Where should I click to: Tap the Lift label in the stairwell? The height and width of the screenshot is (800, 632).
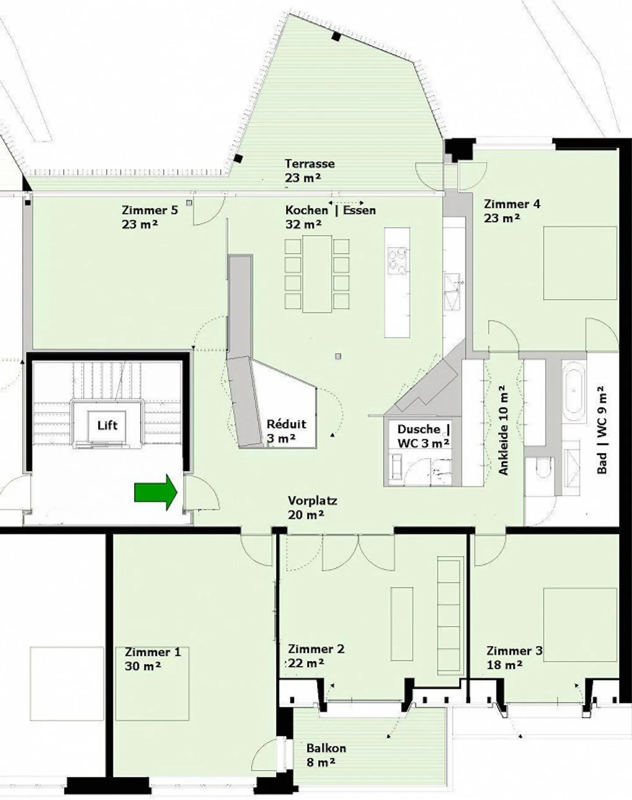107,425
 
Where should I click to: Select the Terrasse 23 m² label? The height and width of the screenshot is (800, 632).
309,171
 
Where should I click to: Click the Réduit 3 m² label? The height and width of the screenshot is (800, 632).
286,431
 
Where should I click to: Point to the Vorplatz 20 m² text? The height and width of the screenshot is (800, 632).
312,507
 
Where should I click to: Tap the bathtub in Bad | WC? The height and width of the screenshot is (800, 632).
573,391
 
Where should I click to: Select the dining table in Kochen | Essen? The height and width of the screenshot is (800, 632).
317,273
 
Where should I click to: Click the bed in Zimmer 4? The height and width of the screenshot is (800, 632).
579,263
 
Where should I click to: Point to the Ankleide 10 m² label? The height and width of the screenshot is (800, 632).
503,430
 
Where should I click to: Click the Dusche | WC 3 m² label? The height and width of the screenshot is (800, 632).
423,436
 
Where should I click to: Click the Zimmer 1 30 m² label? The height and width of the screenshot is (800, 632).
152,659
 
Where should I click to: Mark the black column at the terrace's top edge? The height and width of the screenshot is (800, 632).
336,37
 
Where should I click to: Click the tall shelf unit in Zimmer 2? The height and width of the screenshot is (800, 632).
450,616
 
